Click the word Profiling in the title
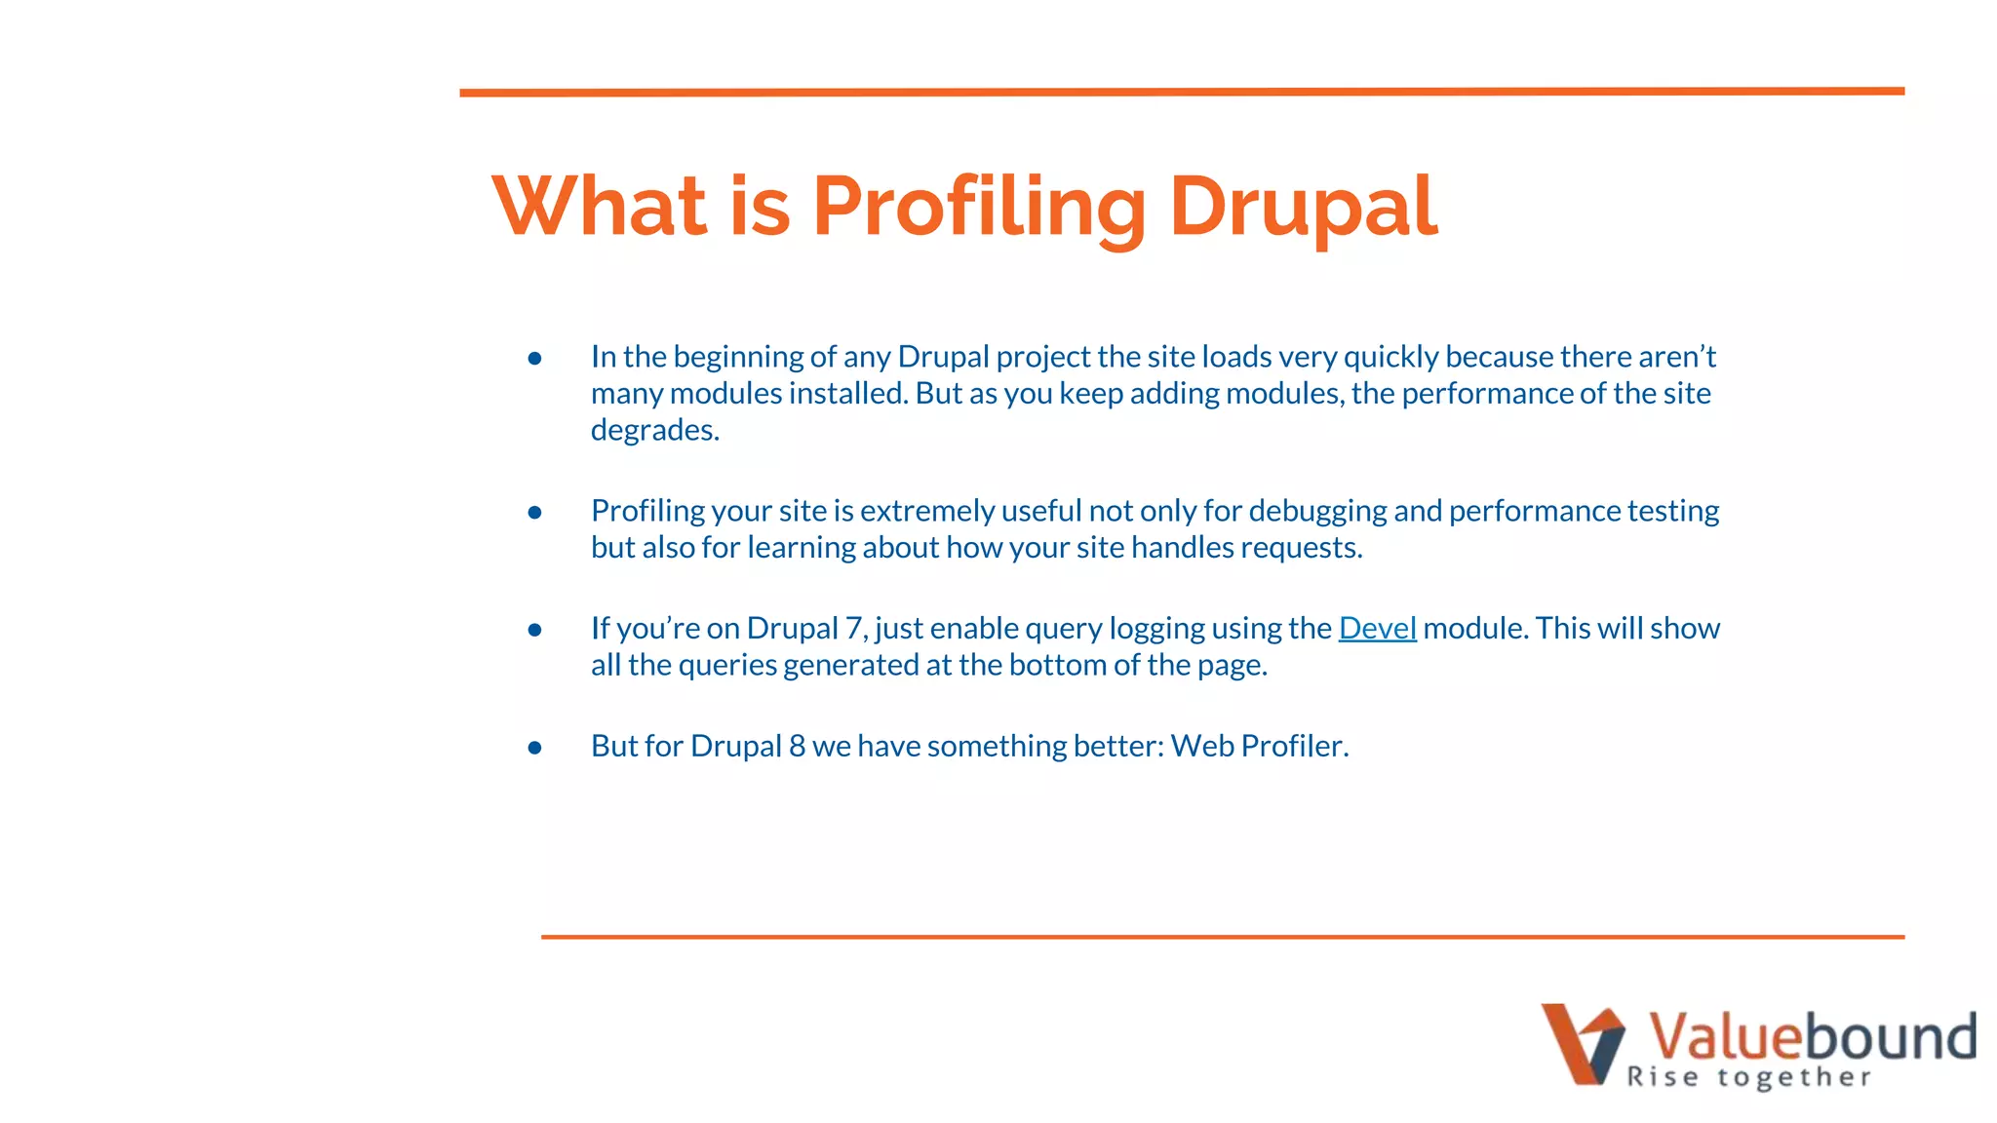tap(978, 207)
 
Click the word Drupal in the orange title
tap(1303, 207)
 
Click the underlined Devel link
tap(1377, 628)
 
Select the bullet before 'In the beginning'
tap(534, 359)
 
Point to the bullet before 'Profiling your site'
tap(534, 513)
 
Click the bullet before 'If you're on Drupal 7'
tap(534, 631)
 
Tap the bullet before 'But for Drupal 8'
tap(534, 749)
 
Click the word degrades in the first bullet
tap(654, 430)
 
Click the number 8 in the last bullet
tap(797, 746)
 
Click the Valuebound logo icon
tap(1581, 1042)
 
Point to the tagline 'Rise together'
tap(1748, 1077)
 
